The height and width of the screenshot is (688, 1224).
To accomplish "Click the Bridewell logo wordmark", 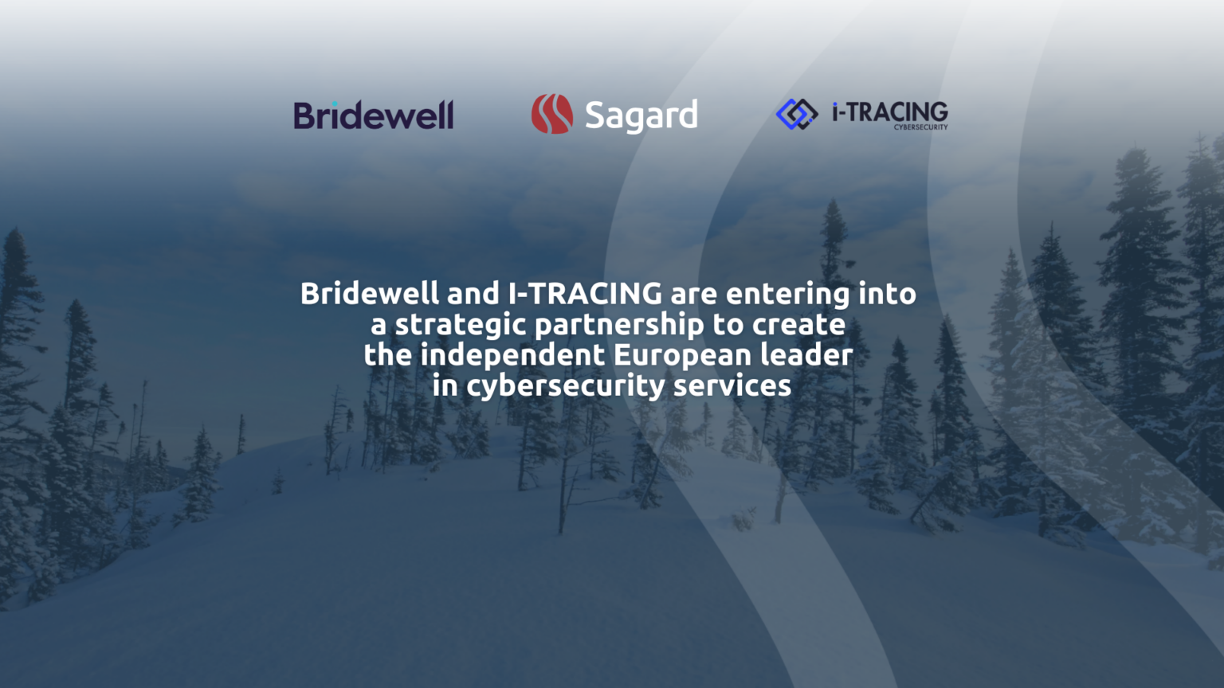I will (374, 116).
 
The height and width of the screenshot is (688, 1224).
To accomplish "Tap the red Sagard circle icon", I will (552, 114).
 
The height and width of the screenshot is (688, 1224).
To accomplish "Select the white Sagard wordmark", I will (641, 116).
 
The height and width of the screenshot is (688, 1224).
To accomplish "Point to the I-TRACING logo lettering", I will (889, 111).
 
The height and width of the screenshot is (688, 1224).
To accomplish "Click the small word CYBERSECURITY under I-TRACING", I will (920, 127).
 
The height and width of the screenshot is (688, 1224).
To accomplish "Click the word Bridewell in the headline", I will (369, 294).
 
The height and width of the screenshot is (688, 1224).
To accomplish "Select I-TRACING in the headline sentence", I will (585, 294).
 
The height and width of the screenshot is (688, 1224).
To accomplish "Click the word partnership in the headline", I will (619, 325).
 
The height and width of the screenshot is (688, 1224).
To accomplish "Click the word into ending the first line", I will (887, 294).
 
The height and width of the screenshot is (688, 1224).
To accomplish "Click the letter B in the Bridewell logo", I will (304, 116).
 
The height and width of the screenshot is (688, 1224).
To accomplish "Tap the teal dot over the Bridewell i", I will (335, 104).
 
